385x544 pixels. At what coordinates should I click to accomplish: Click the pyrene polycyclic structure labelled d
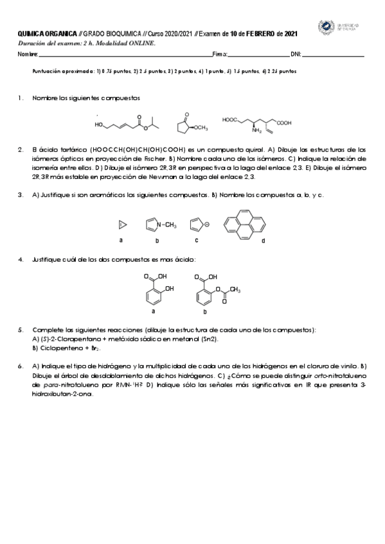click(x=244, y=225)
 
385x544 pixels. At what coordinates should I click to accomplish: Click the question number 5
click(x=21, y=330)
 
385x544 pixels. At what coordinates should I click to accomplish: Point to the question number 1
click(x=21, y=98)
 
